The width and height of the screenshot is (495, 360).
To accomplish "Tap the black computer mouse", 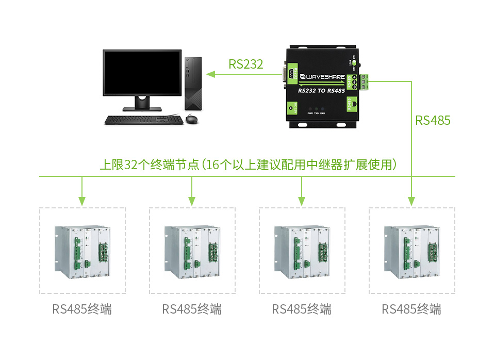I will point(191,120).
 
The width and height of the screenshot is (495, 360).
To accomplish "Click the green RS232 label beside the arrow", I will point(246,64).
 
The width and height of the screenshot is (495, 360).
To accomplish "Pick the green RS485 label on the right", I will point(433,121).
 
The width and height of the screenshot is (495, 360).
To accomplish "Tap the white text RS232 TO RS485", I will point(322,90).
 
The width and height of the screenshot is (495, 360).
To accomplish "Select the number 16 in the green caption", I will point(213,165).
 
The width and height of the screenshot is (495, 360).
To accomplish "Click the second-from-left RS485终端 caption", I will point(192,309).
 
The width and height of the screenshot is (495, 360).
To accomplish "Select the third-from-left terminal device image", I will point(302,251).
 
